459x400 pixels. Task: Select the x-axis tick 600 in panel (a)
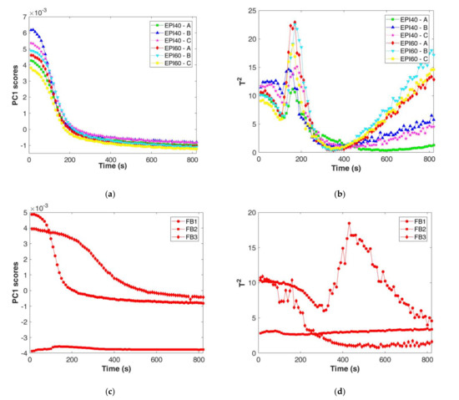pyautogui.click(x=152, y=160)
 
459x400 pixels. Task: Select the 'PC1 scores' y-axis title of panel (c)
pyautogui.click(x=7, y=282)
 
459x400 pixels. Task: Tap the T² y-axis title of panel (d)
pyautogui.click(x=239, y=282)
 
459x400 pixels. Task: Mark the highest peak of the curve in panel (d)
pyautogui.click(x=350, y=224)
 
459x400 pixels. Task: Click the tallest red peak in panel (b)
pyautogui.click(x=295, y=23)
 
